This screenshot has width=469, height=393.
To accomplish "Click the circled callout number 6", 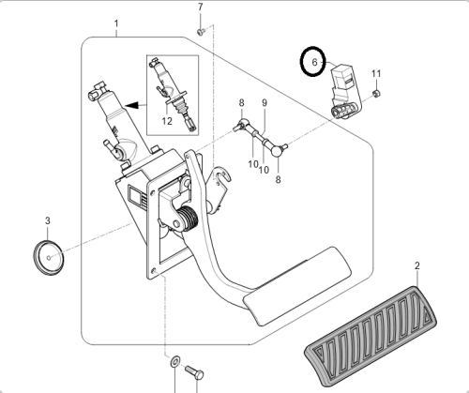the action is [x=314, y=62].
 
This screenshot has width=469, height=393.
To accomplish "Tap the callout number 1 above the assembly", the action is [x=116, y=23].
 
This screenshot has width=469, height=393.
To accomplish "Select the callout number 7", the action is [x=201, y=7].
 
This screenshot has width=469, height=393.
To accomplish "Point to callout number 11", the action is [x=376, y=73].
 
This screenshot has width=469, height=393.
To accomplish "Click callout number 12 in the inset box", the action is [x=167, y=121].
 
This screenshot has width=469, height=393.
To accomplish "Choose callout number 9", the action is [x=265, y=102].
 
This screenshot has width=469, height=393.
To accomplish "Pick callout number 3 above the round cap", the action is [x=48, y=220].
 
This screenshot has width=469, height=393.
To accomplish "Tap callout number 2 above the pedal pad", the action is [x=417, y=265].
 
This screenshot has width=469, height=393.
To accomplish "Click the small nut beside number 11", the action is [x=377, y=93].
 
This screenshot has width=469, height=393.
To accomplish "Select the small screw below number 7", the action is [x=201, y=31].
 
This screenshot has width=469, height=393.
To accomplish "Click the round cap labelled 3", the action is [x=49, y=258].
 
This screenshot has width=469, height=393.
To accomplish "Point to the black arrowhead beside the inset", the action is [x=131, y=105].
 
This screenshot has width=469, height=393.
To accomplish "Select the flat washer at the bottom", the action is [x=174, y=361].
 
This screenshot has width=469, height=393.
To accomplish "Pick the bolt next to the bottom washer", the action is [x=194, y=372].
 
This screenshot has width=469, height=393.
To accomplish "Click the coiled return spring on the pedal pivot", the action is [x=188, y=219].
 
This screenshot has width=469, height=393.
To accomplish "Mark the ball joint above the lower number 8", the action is [x=277, y=151].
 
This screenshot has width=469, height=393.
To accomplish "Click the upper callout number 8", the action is [x=241, y=102].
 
